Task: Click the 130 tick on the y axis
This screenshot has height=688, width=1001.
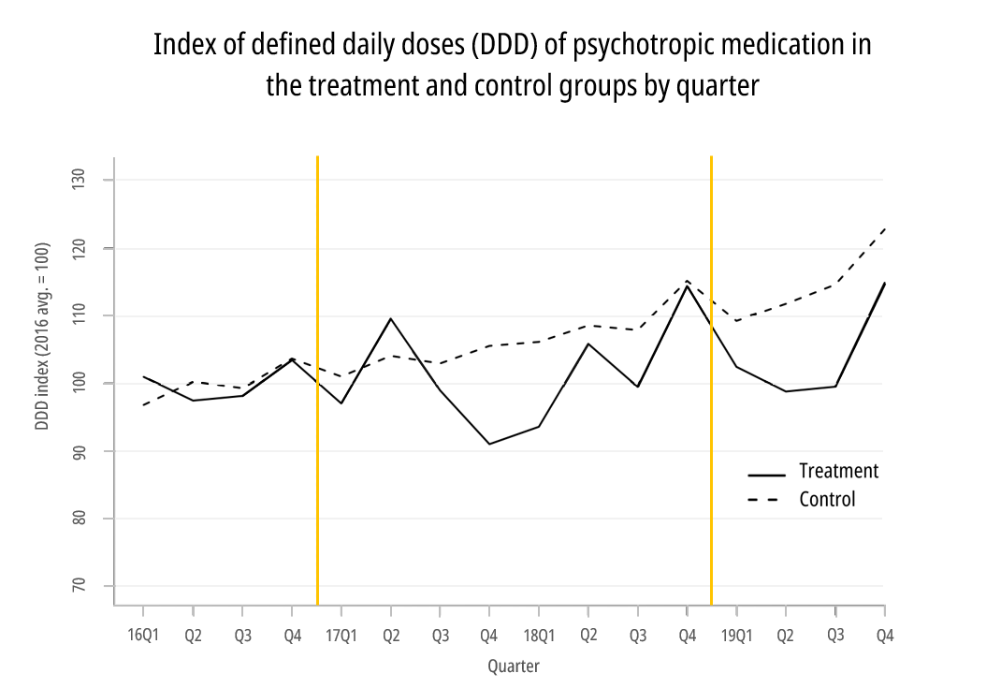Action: (80, 180)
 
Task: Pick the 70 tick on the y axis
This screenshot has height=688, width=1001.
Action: (80, 586)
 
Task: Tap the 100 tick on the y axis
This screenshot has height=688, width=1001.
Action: (80, 383)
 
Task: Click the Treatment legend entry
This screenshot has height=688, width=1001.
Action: (838, 472)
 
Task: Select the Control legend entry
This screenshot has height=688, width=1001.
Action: (827, 500)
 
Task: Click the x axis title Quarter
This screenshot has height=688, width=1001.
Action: (514, 666)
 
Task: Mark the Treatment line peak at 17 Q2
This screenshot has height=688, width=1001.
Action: (391, 318)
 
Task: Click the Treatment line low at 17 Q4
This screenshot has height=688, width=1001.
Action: (489, 444)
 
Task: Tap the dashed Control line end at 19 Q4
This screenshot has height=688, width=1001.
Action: (884, 228)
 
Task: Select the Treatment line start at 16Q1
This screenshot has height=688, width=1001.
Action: (143, 376)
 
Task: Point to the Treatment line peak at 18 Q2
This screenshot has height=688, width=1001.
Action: (588, 344)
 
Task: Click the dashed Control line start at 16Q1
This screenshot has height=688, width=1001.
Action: (143, 404)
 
